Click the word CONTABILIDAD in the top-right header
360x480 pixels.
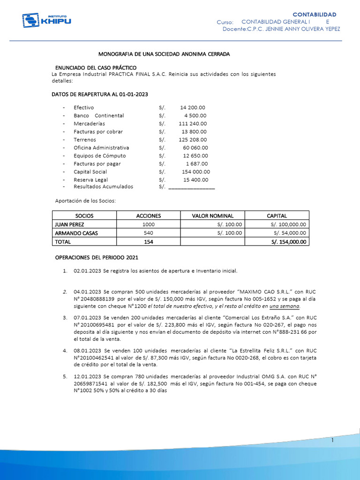314,14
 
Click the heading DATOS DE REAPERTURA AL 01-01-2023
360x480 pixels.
99,94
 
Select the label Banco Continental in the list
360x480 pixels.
98,115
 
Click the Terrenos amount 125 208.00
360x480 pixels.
192,140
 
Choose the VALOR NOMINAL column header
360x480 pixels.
212,216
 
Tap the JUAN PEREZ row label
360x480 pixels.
69,225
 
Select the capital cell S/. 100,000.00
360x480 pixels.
288,225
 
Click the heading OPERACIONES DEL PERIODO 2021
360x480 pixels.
97,257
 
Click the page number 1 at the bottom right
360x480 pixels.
331,441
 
